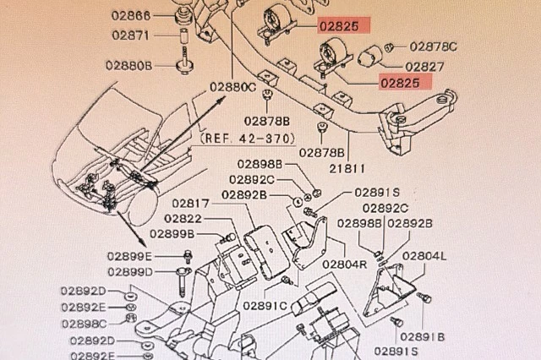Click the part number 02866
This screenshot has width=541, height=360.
(131, 15)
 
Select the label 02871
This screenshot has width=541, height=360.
(131, 35)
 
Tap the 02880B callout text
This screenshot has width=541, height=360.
(129, 66)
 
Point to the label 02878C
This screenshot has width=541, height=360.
(434, 46)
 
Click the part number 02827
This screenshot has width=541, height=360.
(424, 67)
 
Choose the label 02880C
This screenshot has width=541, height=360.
(233, 87)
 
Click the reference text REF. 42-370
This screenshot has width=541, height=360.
(248, 139)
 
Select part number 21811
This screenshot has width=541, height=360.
(347, 169)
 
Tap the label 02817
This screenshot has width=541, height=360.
(191, 204)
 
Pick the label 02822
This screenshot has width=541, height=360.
(183, 219)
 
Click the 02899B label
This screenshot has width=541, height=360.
(172, 234)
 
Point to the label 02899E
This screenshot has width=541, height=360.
(129, 257)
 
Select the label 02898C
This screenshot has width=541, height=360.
(85, 325)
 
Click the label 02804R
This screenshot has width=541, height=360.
(345, 265)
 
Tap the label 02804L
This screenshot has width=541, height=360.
(424, 256)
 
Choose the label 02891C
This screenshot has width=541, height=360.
(265, 306)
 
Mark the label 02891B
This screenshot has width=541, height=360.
(423, 336)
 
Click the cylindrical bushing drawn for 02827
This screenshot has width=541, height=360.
(369, 56)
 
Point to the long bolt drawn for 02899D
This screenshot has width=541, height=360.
(183, 281)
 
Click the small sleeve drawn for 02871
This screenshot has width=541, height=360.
(184, 35)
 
